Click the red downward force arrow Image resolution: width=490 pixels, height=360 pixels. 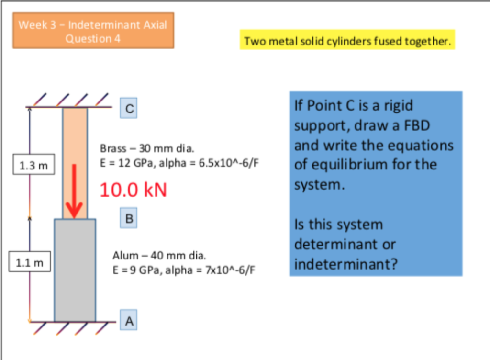pyautogui.click(x=74, y=191)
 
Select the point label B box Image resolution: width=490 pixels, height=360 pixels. pyautogui.click(x=129, y=218)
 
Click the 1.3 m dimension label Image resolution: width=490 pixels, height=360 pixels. pyautogui.click(x=33, y=166)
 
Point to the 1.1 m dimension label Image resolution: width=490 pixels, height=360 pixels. pyautogui.click(x=29, y=263)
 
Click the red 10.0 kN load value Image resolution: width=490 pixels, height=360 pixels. pyautogui.click(x=134, y=190)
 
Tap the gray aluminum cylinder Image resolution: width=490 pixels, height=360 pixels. pyautogui.click(x=75, y=270)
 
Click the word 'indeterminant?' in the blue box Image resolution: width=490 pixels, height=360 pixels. pyautogui.click(x=345, y=264)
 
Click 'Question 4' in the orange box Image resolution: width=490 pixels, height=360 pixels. pyautogui.click(x=93, y=39)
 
